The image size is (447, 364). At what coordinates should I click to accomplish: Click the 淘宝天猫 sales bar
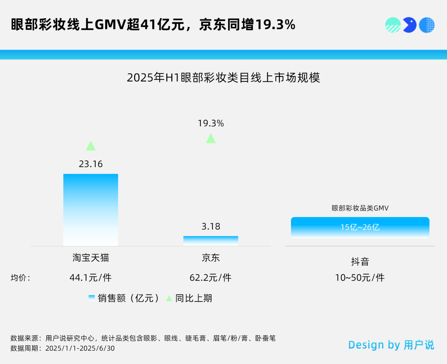[91, 210]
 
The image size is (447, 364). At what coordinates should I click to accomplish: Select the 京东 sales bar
[211, 241]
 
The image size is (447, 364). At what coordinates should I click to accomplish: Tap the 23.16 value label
[91, 164]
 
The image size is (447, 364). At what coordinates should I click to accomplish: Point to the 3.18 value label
[211, 227]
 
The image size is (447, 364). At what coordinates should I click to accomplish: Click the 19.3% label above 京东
[211, 123]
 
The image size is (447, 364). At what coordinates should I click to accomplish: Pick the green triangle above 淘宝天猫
[91, 146]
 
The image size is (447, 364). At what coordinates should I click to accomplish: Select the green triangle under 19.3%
[211, 139]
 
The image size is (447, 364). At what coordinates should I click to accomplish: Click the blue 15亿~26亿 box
[360, 227]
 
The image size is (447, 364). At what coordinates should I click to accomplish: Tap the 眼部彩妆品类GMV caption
[360, 208]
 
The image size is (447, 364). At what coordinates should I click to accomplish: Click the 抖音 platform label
[360, 262]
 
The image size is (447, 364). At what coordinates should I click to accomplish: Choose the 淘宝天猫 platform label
[91, 258]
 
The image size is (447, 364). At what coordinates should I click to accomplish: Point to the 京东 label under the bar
[211, 258]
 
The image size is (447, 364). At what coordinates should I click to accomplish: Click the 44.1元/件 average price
[91, 278]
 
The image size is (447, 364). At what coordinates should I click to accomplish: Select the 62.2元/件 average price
[211, 278]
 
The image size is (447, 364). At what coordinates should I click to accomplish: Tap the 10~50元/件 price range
[360, 278]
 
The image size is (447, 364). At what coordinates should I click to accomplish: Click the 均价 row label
[20, 278]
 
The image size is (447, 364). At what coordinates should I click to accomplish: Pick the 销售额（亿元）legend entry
[124, 298]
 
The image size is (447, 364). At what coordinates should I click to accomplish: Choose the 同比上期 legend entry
[190, 298]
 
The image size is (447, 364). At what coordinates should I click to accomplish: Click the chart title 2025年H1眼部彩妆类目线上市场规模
[223, 78]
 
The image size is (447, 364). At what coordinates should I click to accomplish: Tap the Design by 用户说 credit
[391, 345]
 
